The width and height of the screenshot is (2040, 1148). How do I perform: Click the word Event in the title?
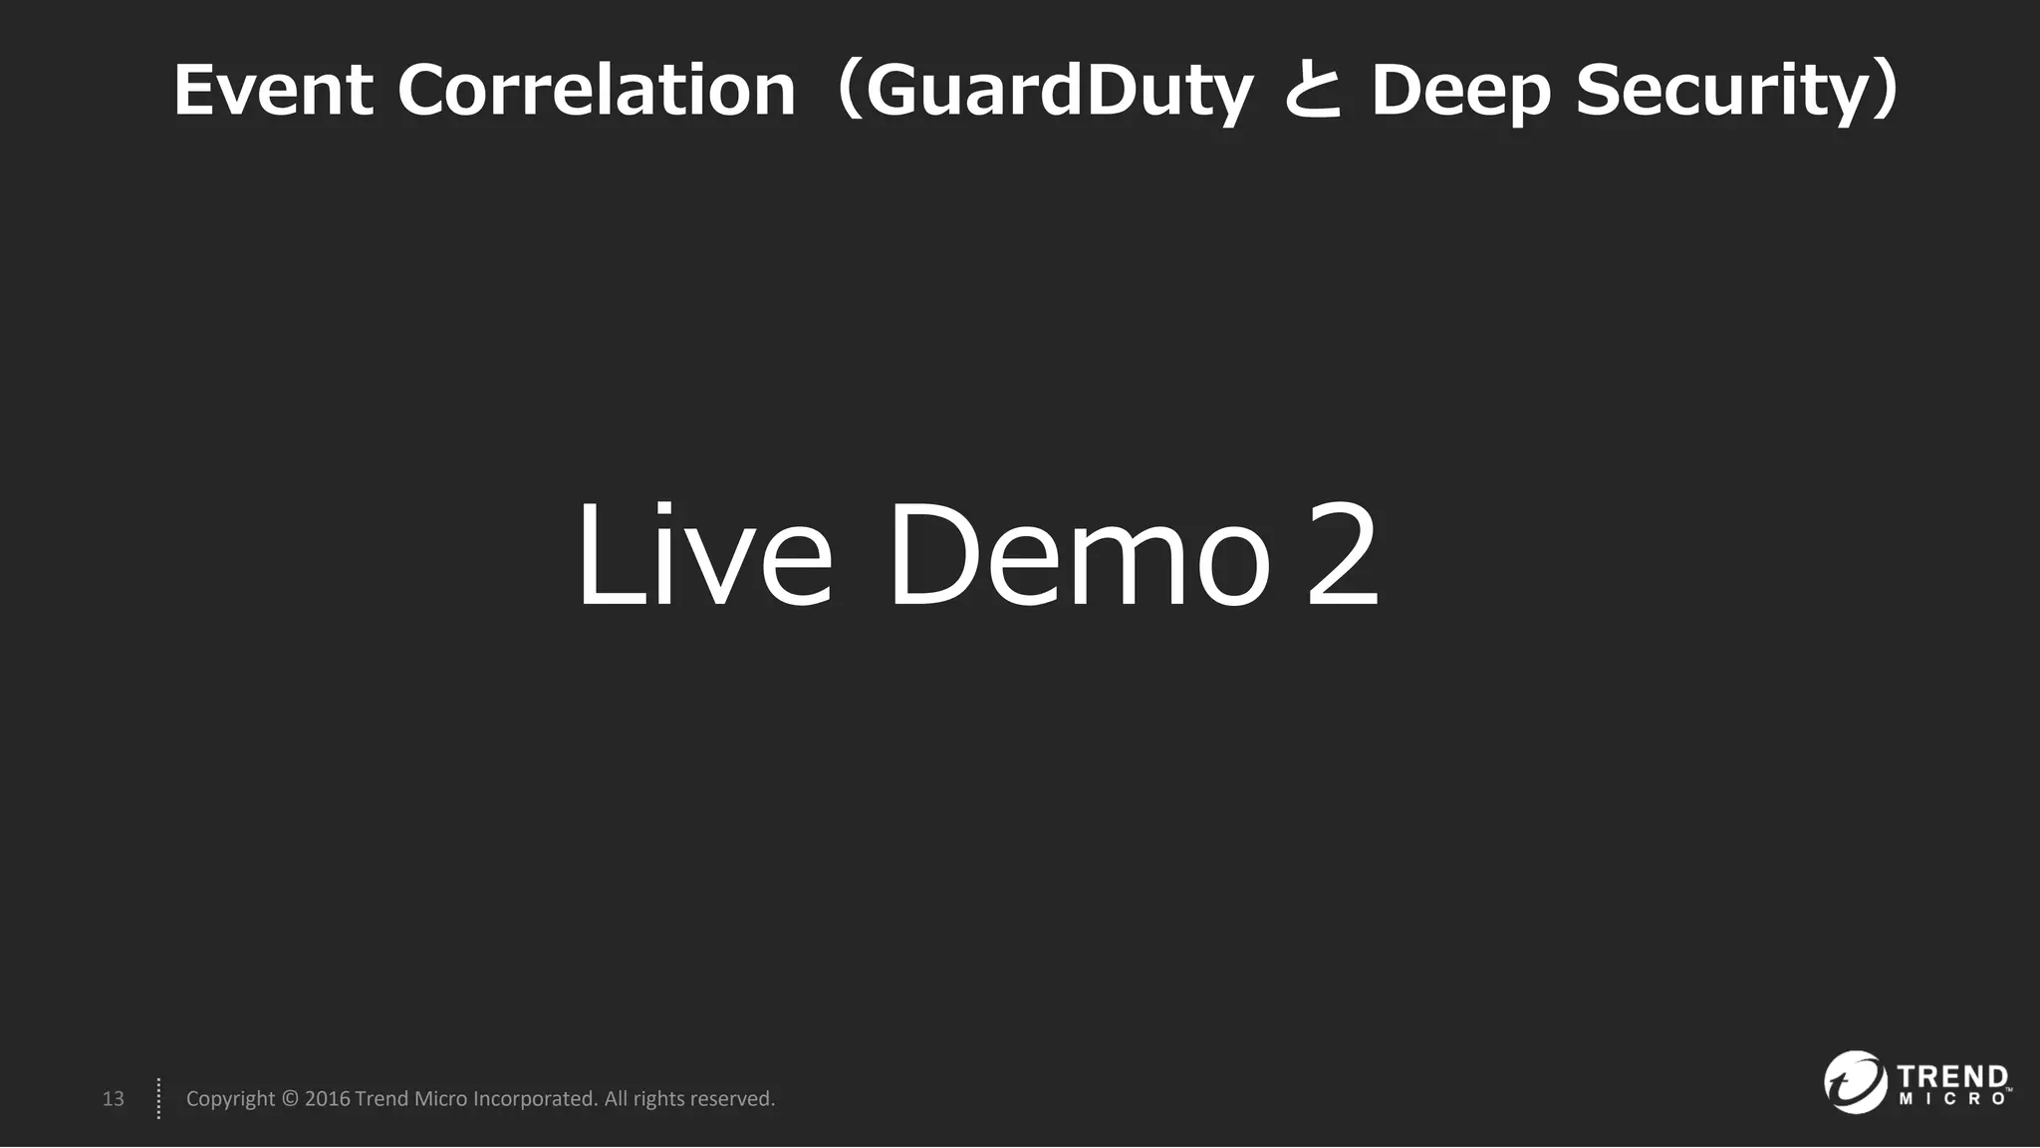click(273, 90)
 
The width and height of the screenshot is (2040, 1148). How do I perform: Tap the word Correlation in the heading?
click(597, 90)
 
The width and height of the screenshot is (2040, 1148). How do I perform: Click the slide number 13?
click(114, 1098)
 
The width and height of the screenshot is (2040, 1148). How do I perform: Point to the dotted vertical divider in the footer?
click(158, 1098)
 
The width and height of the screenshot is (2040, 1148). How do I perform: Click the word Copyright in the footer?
click(230, 1098)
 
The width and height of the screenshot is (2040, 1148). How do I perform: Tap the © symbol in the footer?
click(290, 1098)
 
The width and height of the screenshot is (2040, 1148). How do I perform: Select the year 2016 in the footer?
click(327, 1098)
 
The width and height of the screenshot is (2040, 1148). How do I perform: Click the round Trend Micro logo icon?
click(1855, 1081)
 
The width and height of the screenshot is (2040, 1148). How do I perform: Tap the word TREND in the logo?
click(1952, 1077)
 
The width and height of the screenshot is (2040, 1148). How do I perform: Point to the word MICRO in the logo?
click(1952, 1099)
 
